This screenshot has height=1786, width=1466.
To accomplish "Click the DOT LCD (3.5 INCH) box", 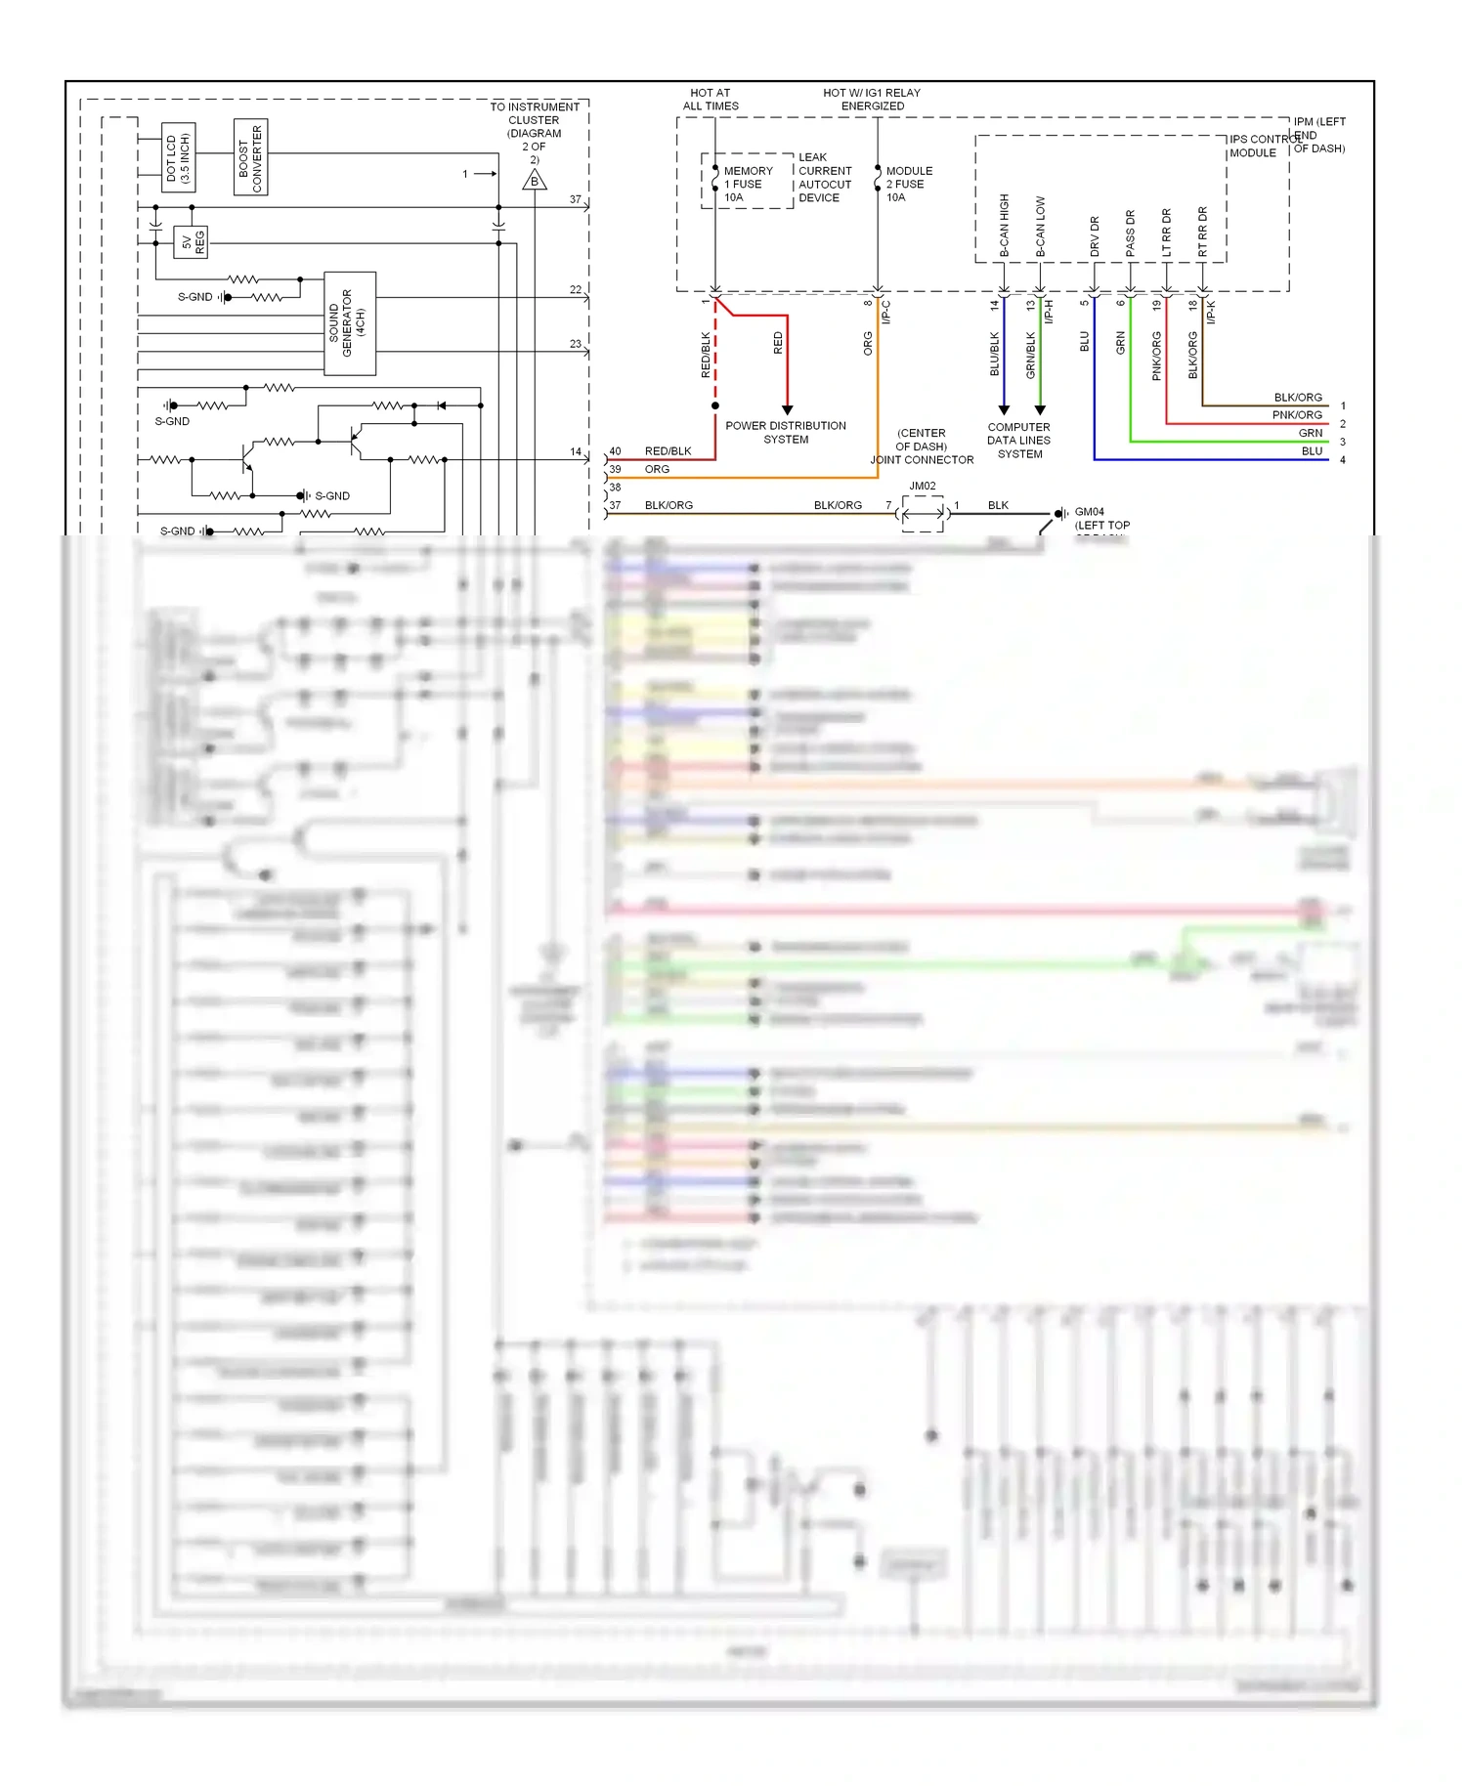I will click(179, 157).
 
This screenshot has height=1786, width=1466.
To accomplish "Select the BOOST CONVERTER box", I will click(250, 157).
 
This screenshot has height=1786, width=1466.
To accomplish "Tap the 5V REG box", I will click(191, 242).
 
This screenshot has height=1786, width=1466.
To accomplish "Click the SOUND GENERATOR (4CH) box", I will click(349, 323).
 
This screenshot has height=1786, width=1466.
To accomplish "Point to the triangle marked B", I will click(535, 181).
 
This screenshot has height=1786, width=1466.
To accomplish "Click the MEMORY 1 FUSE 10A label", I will click(748, 184).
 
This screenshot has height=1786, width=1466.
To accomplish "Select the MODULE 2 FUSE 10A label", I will click(909, 184).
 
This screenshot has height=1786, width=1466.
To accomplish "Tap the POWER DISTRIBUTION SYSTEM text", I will click(786, 433).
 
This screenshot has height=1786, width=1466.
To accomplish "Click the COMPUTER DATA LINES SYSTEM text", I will click(1018, 441).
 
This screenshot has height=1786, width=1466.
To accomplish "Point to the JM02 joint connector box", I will click(923, 512).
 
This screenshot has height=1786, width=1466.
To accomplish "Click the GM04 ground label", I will click(1090, 512).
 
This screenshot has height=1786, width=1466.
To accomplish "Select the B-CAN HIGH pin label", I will click(1004, 226).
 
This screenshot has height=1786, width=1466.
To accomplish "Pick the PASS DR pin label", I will click(1130, 234).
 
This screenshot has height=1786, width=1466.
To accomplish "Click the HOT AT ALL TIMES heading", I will click(711, 100).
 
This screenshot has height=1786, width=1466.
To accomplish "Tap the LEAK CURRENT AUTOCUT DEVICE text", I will click(825, 178).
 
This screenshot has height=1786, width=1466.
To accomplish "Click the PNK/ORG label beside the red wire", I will click(1297, 415).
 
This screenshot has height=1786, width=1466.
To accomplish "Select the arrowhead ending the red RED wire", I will click(787, 409).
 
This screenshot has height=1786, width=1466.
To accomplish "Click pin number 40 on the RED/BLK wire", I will click(615, 451).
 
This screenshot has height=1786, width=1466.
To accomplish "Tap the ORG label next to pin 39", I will click(657, 470).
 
